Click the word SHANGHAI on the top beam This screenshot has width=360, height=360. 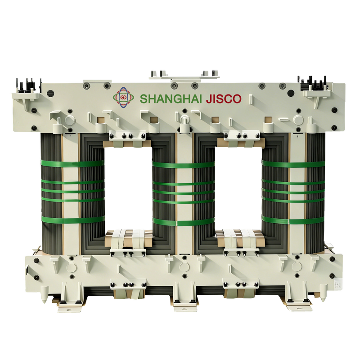(x=171, y=99)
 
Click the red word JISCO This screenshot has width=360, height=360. (x=224, y=99)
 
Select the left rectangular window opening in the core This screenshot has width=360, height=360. (x=128, y=188)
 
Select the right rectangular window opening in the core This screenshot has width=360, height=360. (x=239, y=188)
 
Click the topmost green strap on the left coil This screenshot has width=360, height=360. (x=72, y=164)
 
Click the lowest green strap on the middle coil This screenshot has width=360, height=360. (x=184, y=222)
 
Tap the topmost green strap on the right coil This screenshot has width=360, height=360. (x=293, y=164)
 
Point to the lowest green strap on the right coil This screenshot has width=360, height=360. (x=293, y=220)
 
